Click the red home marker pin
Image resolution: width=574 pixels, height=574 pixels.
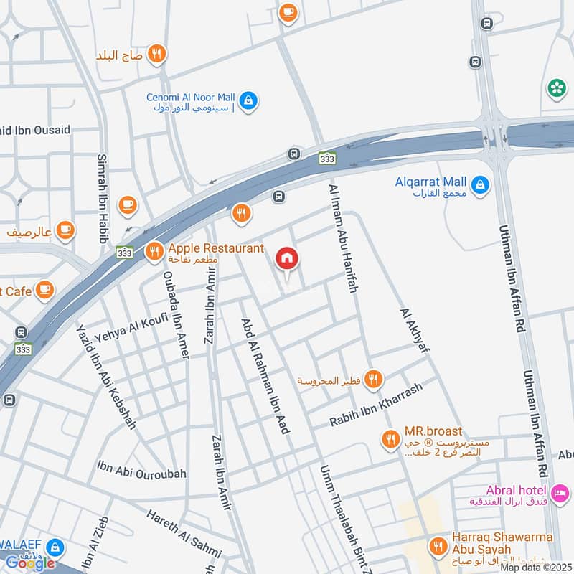pyautogui.click(x=287, y=258)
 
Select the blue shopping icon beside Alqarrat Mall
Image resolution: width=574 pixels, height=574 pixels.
pyautogui.click(x=481, y=184)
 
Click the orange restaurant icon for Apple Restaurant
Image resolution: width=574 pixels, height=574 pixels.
pyautogui.click(x=154, y=251)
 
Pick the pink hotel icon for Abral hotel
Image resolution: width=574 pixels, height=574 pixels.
pyautogui.click(x=561, y=493)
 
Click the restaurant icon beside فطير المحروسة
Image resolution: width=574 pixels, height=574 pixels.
pyautogui.click(x=372, y=379)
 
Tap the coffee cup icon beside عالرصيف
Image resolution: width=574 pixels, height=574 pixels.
pyautogui.click(x=65, y=230)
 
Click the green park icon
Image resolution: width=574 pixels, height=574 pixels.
pyautogui.click(x=556, y=88)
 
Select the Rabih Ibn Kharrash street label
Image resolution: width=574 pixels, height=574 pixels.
pyautogui.click(x=376, y=405)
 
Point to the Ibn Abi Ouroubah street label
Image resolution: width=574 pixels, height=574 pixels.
pyautogui.click(x=141, y=474)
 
